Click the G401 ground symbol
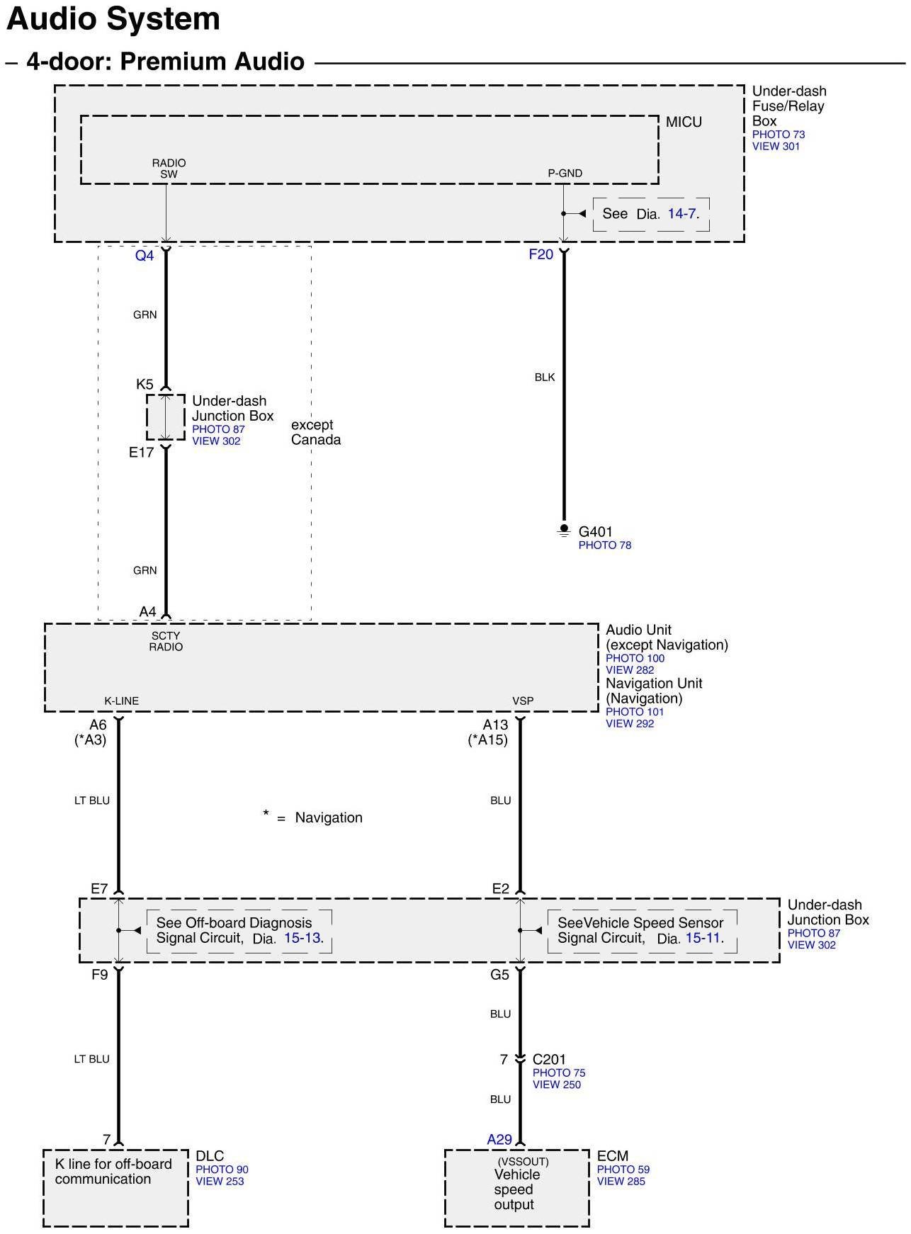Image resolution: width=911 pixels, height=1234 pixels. [564, 530]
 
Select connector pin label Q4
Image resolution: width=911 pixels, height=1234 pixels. [145, 256]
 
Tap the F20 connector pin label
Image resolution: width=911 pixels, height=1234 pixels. [541, 254]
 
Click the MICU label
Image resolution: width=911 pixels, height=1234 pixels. [684, 122]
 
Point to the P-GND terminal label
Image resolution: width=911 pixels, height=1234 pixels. [565, 173]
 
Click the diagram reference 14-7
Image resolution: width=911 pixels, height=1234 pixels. [683, 213]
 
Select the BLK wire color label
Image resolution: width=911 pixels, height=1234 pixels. [545, 377]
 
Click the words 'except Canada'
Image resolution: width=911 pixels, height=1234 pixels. [315, 432]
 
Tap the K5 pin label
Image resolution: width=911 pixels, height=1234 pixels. [145, 384]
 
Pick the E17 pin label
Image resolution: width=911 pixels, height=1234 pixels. [141, 452]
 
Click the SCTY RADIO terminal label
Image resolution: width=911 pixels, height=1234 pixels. [166, 641]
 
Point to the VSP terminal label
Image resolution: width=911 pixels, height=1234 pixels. [523, 701]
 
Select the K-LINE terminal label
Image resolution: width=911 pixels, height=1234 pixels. [122, 701]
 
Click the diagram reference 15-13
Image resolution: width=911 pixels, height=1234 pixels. [303, 938]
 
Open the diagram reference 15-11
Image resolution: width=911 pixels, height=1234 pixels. [704, 938]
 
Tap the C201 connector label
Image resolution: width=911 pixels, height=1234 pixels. [549, 1059]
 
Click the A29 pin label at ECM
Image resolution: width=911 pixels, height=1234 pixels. [499, 1139]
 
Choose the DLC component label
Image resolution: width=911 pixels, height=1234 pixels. [210, 1155]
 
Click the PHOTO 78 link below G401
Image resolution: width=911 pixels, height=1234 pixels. [604, 545]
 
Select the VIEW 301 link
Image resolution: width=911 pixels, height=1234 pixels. [776, 146]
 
